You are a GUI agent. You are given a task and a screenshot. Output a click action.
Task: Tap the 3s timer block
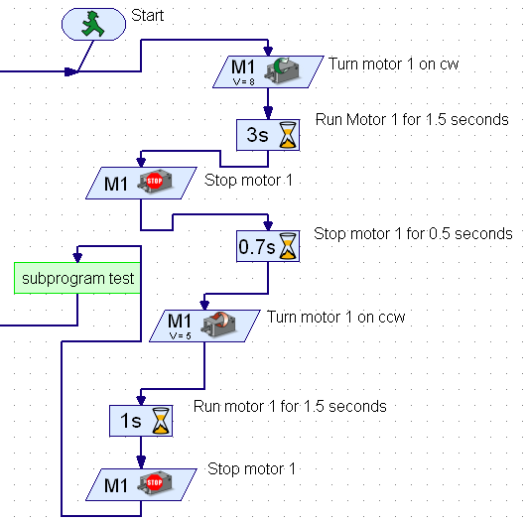coord(267,135)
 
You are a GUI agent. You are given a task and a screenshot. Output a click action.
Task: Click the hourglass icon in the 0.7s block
coord(287,244)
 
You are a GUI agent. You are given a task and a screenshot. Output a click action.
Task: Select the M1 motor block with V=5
coord(203,325)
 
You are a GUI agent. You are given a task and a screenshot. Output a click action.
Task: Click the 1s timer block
coord(140,421)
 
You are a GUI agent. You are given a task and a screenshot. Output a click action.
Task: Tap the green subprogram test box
coord(77,278)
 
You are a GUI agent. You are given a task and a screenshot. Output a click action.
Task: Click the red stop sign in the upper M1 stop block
coord(154,183)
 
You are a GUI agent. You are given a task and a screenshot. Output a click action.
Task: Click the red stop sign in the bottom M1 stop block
coord(154,484)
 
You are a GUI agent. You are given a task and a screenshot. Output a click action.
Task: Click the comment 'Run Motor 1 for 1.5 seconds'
coord(412,119)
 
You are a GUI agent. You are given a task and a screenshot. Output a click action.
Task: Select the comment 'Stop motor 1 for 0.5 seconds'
coord(413,234)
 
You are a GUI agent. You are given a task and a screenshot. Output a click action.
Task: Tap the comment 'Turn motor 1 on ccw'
coord(335,318)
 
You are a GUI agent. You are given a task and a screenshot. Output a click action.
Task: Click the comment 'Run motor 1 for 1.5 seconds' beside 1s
coord(290,406)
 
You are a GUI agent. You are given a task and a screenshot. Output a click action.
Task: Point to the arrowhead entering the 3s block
coord(267,114)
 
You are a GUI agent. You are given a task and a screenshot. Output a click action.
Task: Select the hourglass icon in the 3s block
coord(287,135)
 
